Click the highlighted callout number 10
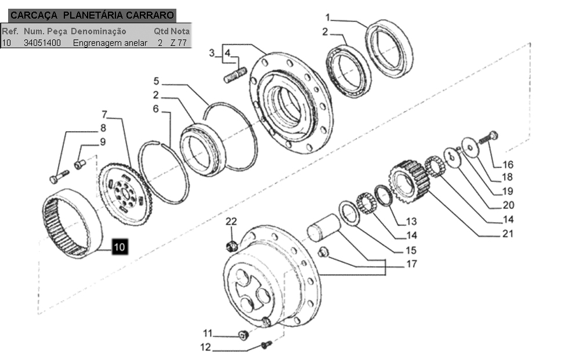[119, 247]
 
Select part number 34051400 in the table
[42, 43]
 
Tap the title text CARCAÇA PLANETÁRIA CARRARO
[92, 15]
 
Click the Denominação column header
[99, 31]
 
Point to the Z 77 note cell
[179, 43]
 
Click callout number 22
[231, 221]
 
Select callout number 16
[508, 164]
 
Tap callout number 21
[508, 234]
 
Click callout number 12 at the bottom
[205, 347]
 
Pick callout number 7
[104, 114]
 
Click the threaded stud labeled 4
[235, 75]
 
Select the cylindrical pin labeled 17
[324, 227]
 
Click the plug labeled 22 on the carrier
[231, 246]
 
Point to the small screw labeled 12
[266, 344]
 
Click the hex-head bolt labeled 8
[59, 177]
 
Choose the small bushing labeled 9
[79, 164]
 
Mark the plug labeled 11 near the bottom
[244, 335]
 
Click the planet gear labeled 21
[409, 182]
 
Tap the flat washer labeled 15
[349, 213]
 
